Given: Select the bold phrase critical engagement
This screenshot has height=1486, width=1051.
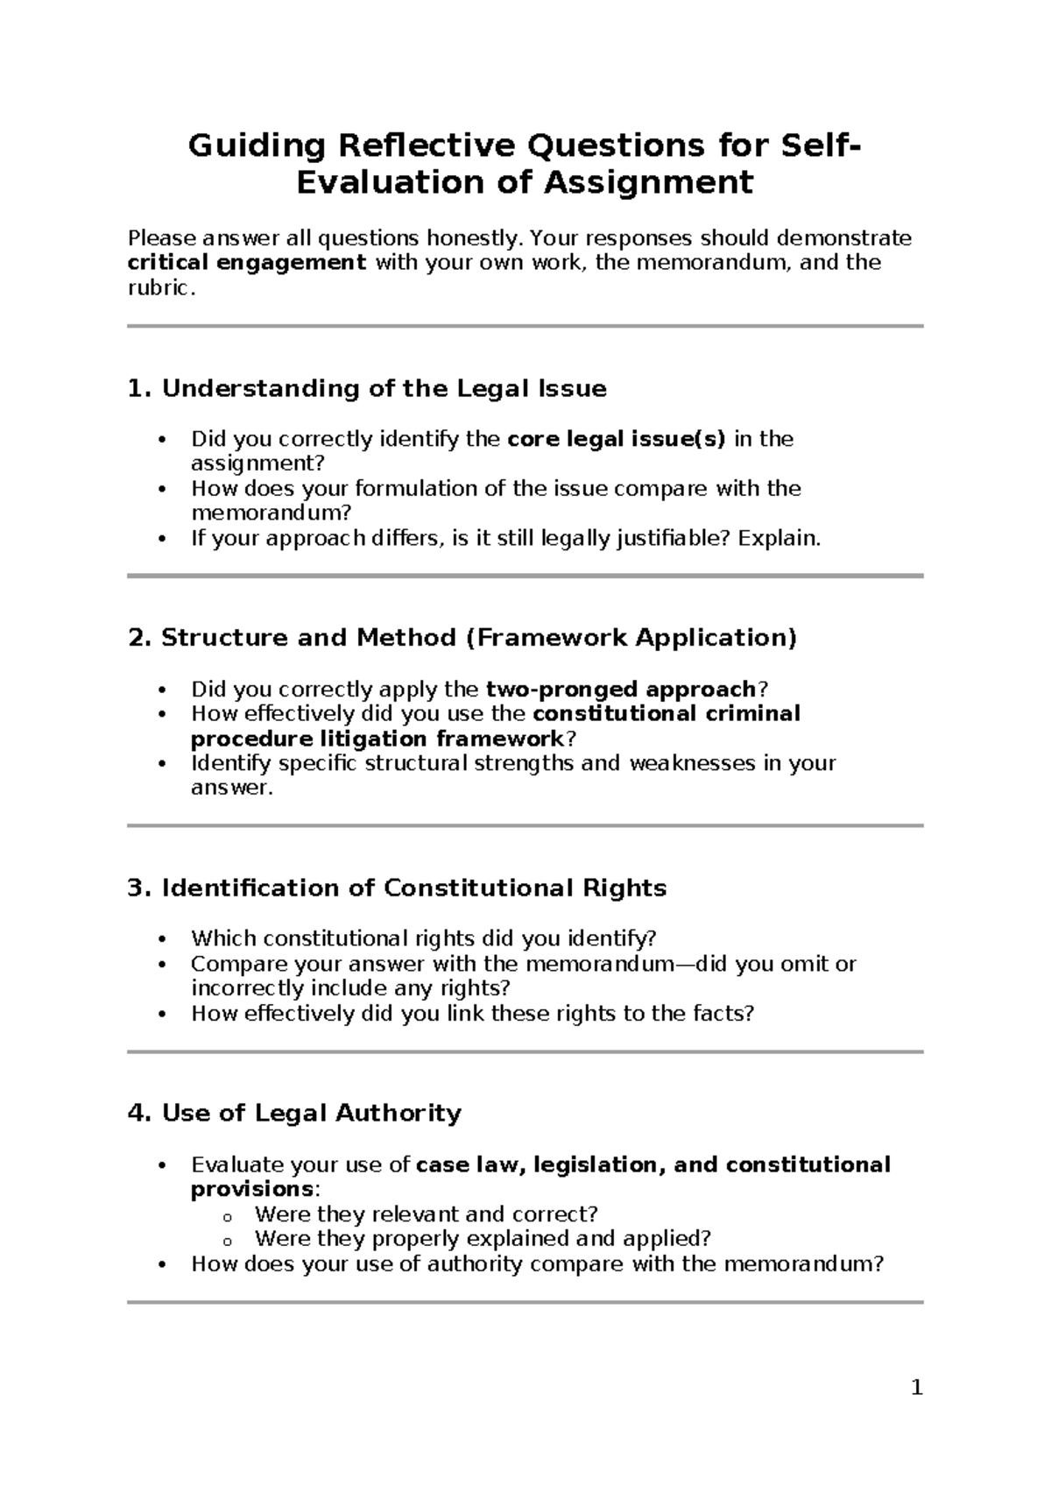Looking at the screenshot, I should [x=246, y=263].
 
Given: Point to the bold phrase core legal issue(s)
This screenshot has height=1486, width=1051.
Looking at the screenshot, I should [x=617, y=439].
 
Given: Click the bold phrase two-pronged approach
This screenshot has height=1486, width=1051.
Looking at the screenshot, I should [x=620, y=690].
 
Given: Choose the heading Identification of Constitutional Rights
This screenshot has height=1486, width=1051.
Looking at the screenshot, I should [x=396, y=888].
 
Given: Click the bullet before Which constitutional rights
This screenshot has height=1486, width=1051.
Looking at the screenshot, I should [x=160, y=939].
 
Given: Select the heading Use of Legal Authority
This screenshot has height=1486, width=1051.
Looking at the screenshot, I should [x=294, y=1114].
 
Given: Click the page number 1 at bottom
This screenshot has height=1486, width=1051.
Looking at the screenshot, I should [x=916, y=1388].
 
